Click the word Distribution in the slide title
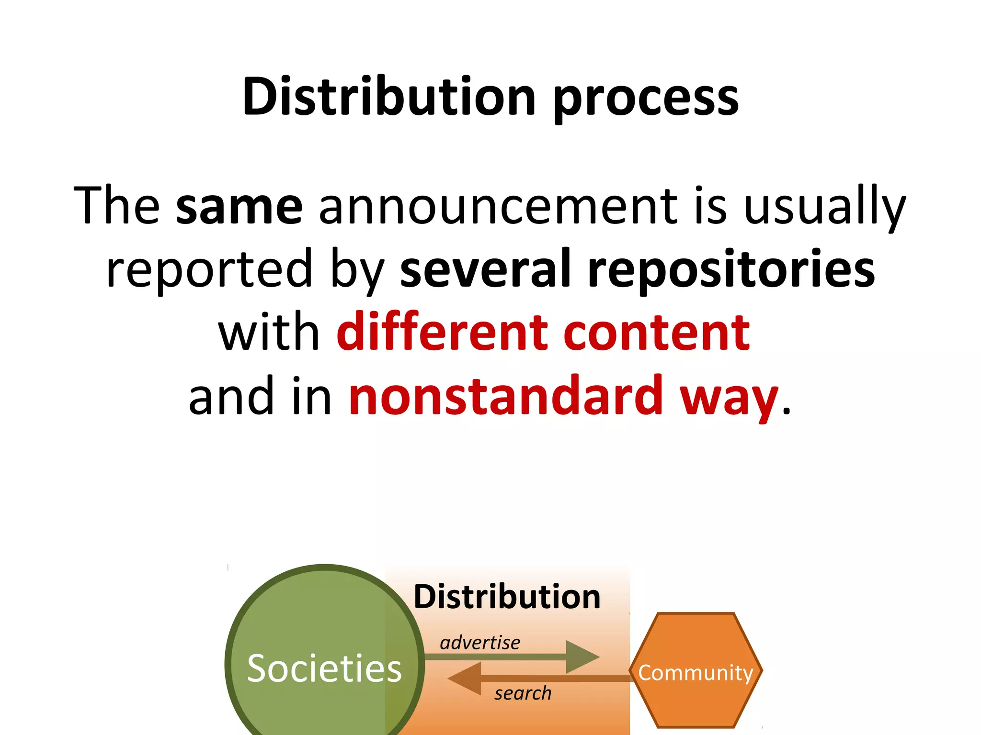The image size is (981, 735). coord(388,97)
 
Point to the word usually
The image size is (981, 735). coord(824,207)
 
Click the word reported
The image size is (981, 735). coord(209,269)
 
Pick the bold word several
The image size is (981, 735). coord(486,269)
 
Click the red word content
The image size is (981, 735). coord(656,332)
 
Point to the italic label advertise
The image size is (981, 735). coord(480,642)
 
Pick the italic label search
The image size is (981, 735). coord(523,693)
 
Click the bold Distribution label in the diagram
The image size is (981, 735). coord(507,597)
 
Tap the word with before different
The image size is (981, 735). coord(269,332)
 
